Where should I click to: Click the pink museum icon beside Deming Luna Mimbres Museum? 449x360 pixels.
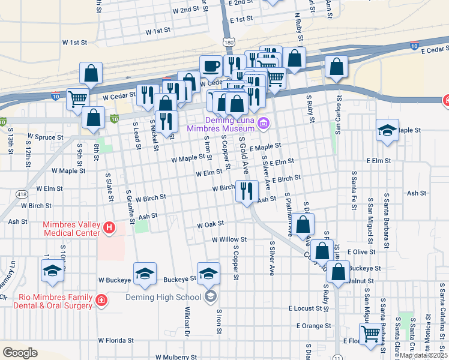(x=262, y=124)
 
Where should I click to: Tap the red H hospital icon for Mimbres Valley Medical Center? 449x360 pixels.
(x=109, y=227)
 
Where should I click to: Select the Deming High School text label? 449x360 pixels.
(x=163, y=297)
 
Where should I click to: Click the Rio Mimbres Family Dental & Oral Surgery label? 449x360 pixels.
(x=47, y=301)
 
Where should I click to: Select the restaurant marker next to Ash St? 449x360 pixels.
(x=247, y=192)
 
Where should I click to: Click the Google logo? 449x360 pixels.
(x=20, y=352)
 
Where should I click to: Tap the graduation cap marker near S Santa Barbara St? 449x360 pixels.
(x=388, y=130)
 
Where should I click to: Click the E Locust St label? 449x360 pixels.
(x=306, y=308)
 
